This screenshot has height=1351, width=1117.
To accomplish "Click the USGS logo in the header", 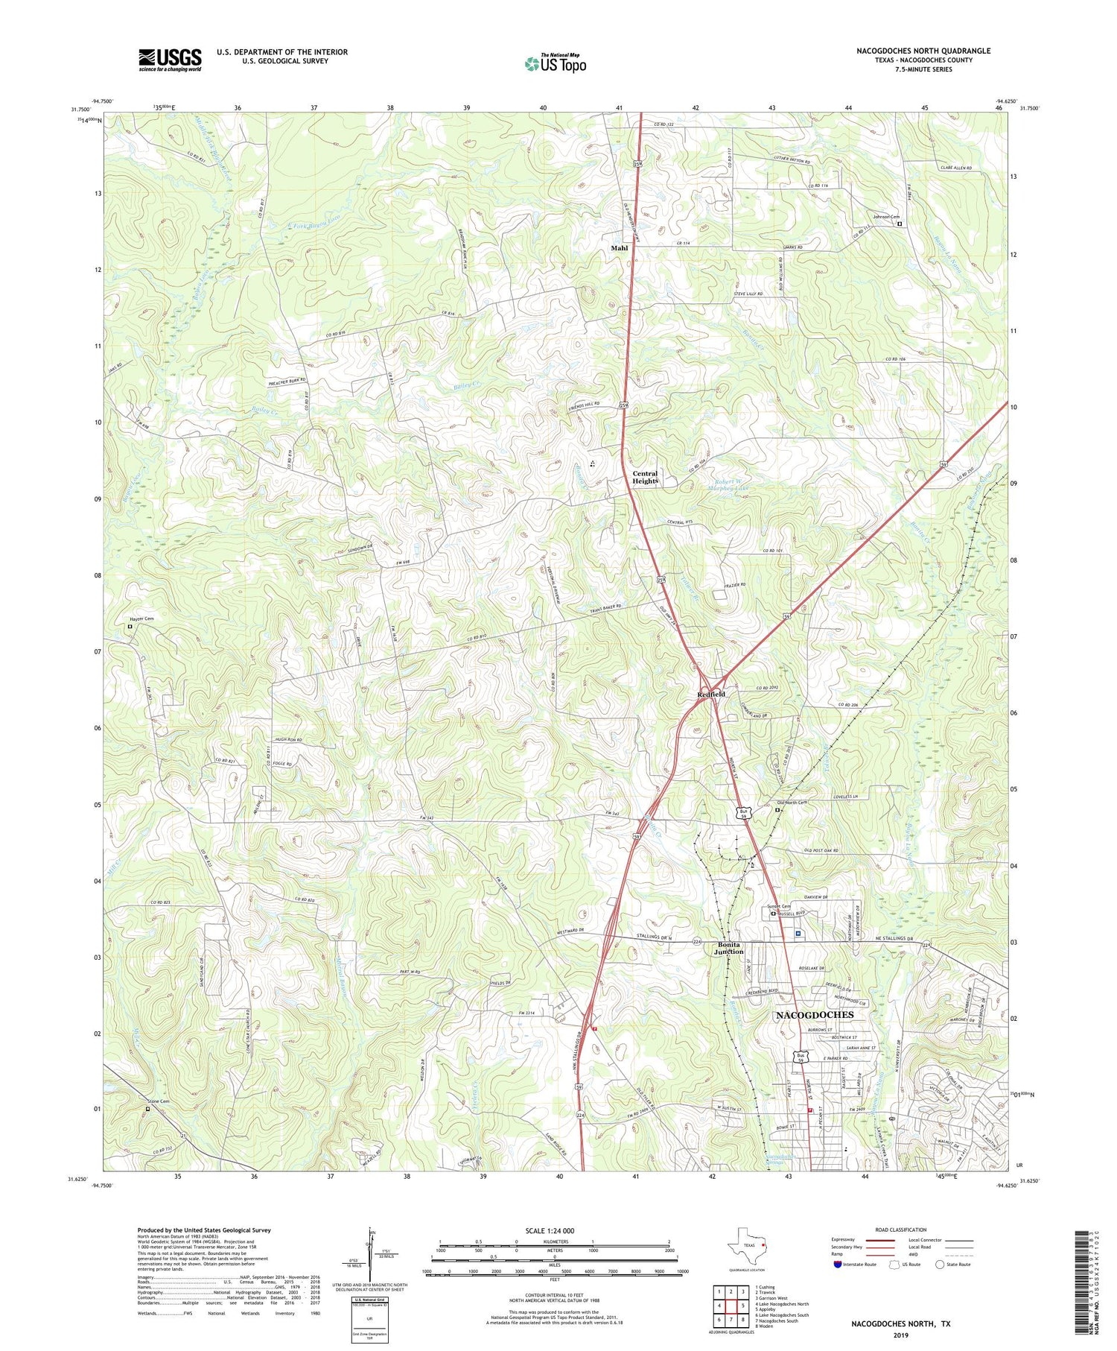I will (x=170, y=60).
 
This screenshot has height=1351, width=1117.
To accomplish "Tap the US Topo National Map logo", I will (x=555, y=63).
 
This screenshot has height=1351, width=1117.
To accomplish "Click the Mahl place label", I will (x=620, y=248).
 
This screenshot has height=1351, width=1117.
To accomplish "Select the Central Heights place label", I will (x=645, y=477).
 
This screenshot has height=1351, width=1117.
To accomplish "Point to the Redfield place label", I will (x=711, y=694).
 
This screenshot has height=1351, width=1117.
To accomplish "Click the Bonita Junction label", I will (x=729, y=948).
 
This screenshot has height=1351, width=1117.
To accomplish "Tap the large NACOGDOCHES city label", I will (x=815, y=1015).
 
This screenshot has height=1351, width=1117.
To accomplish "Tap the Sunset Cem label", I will (x=778, y=906).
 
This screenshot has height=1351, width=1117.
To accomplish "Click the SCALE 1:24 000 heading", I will (x=550, y=1230).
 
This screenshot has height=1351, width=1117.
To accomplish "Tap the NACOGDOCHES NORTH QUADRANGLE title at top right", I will (x=923, y=51).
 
